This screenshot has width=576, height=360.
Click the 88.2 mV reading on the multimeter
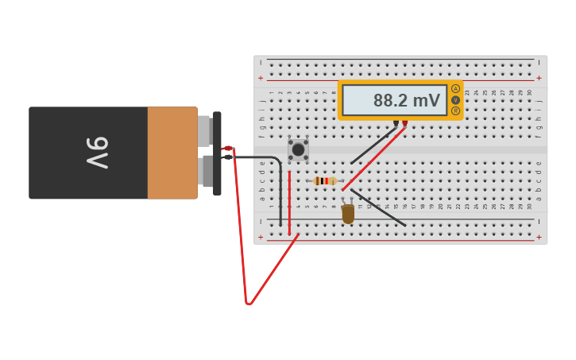[406, 101]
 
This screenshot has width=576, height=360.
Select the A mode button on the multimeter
[455, 88]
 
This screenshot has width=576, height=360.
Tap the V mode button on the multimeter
[455, 99]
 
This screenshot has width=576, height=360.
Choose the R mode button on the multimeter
[455, 110]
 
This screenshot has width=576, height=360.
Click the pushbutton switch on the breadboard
[298, 149]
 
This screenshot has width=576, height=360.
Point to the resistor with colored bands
[325, 181]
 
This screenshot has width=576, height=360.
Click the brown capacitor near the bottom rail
[348, 214]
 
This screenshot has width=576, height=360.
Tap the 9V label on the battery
[97, 153]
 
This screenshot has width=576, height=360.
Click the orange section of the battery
[172, 153]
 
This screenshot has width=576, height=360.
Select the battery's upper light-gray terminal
[204, 131]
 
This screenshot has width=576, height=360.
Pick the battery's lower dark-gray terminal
[207, 171]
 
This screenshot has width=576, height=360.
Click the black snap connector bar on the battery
[217, 153]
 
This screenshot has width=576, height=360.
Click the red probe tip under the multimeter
[404, 124]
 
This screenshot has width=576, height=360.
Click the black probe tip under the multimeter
[396, 124]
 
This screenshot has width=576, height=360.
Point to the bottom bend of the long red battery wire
[249, 303]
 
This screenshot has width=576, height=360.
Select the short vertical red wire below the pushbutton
[289, 203]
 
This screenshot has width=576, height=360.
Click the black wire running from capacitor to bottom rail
[378, 207]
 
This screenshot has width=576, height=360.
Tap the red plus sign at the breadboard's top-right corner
[539, 78]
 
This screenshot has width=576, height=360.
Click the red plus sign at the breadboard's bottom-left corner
[261, 237]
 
